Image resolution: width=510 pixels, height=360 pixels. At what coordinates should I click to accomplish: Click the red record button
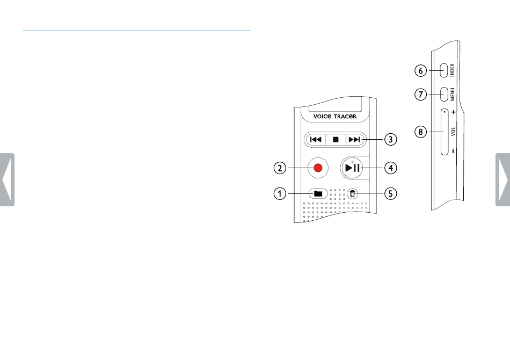coord(318,168)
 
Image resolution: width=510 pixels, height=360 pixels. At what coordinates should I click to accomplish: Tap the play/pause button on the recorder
coord(352,168)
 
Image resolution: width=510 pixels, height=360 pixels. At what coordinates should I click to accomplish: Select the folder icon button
coord(318,193)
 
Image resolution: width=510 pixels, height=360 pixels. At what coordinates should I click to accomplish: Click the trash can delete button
coord(352,194)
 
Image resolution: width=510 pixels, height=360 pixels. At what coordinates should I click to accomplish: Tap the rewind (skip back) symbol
coord(316,140)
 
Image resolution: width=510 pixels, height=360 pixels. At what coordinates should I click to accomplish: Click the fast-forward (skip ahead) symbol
coord(354,140)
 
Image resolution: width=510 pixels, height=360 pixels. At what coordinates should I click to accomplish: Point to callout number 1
coord(280,193)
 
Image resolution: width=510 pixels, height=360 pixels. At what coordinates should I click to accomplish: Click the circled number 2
coord(280,168)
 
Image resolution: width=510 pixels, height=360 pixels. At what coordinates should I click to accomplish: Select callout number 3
coord(391,139)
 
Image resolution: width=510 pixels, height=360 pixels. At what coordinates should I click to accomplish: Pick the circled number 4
coord(391,168)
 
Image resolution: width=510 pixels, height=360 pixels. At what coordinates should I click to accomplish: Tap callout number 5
coord(391,193)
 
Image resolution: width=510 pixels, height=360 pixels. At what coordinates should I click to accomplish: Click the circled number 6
coord(420,70)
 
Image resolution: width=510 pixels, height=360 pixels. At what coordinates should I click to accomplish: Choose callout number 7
coord(420,95)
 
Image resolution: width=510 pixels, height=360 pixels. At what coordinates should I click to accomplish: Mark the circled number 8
coord(420,132)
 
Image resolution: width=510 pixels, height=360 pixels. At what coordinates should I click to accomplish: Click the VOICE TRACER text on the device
coord(334,116)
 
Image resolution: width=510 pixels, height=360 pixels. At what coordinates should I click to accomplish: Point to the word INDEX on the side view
coord(452,70)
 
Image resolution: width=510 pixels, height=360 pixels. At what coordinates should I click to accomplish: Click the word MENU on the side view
coord(452,94)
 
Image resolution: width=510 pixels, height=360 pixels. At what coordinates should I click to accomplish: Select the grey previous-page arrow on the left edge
coord(7,179)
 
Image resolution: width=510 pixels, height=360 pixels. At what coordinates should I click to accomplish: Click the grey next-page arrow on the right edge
coord(503,179)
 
